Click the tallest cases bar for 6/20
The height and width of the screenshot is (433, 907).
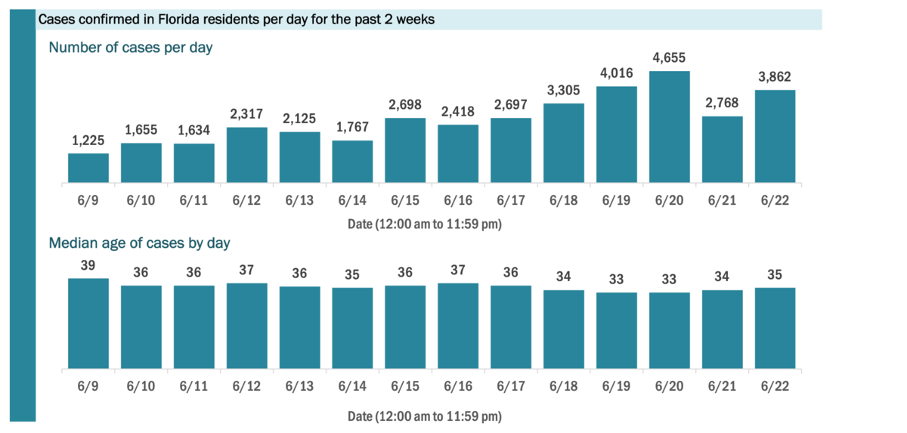[x=670, y=127]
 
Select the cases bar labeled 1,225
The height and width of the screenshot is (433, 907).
[x=88, y=168]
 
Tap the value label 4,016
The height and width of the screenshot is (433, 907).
[x=617, y=73]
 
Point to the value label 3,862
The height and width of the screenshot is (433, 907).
[x=775, y=77]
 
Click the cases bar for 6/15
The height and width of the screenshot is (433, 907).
[x=405, y=150]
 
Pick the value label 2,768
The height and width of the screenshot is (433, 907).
[x=722, y=103]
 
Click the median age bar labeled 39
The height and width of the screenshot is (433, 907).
[x=88, y=323]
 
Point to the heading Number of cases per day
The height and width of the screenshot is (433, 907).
[x=131, y=48]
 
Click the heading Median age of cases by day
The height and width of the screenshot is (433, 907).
[x=140, y=243]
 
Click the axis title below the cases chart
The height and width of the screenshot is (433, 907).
[x=425, y=224]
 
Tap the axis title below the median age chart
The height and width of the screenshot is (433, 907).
[x=425, y=416]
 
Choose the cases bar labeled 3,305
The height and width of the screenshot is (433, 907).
[x=564, y=143]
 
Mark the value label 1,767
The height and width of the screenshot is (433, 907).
[x=352, y=127]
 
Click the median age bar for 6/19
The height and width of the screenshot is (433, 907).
[x=617, y=330]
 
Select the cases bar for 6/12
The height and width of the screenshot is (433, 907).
[x=246, y=155]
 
